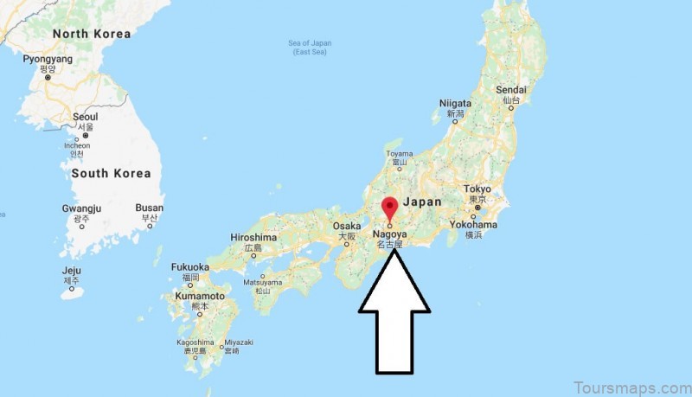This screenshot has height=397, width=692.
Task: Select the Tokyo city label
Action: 477,189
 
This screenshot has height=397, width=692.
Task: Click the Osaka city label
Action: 347,226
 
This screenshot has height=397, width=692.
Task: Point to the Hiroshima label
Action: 253,238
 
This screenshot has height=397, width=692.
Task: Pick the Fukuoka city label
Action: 190,267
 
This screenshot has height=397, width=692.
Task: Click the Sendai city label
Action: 511,90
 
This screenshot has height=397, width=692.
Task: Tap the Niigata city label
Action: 455,103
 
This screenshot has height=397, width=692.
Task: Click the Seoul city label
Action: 86,117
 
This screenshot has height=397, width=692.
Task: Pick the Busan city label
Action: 150,208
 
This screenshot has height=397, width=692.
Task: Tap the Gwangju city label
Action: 82,208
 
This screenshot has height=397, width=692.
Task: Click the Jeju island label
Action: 72,270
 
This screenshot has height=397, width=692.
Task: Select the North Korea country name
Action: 92,35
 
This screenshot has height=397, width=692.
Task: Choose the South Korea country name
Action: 111,173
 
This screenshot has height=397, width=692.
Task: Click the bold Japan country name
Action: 423,202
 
